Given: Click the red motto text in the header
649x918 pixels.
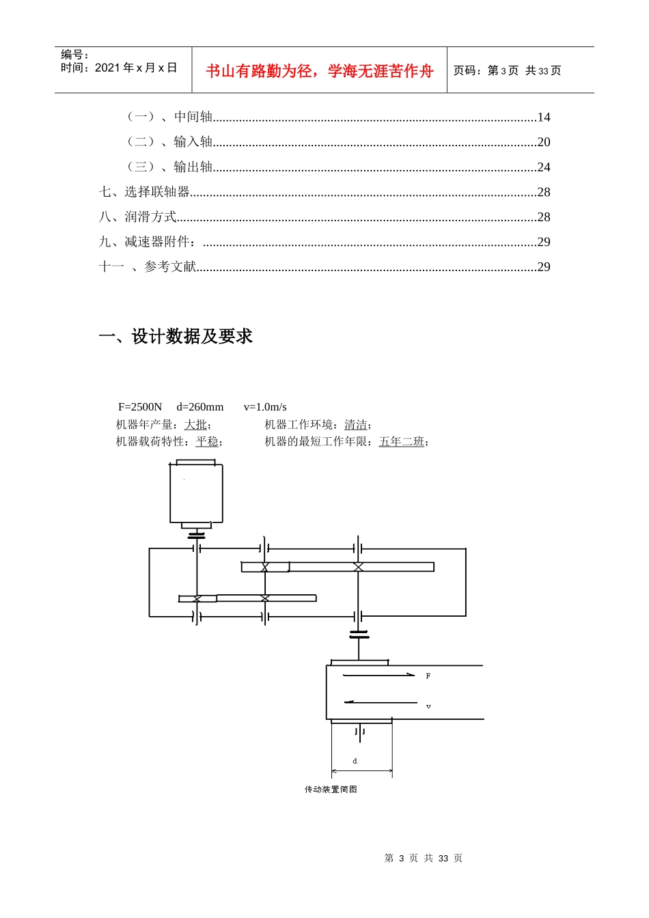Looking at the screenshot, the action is (319, 71).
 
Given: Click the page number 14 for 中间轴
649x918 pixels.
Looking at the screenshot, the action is (543, 117).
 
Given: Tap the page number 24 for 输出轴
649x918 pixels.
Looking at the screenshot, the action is (543, 167).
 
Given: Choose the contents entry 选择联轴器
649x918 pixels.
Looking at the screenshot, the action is (156, 192).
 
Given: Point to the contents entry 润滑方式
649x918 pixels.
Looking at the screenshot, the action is (150, 217).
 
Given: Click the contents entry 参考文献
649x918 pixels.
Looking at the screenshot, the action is (170, 267).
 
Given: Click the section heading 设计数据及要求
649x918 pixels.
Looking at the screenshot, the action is (192, 336).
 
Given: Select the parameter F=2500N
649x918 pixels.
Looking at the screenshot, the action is (140, 407).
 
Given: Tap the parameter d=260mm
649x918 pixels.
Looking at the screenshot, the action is (199, 407).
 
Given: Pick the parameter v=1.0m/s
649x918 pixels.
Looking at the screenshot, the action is (265, 407).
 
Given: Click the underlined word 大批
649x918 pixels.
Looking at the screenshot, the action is (195, 425).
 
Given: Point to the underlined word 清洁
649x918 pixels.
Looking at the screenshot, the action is (355, 425).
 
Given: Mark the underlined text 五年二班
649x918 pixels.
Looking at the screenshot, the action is (402, 442).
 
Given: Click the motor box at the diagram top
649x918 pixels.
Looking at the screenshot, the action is (196, 493).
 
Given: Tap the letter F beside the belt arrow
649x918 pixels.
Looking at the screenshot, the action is (428, 676).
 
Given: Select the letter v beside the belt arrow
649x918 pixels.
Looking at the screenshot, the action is (428, 706).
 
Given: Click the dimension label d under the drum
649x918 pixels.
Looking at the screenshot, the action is (355, 761).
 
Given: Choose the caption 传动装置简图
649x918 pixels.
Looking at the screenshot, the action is (331, 790).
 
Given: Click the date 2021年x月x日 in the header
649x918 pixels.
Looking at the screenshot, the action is (136, 68).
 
